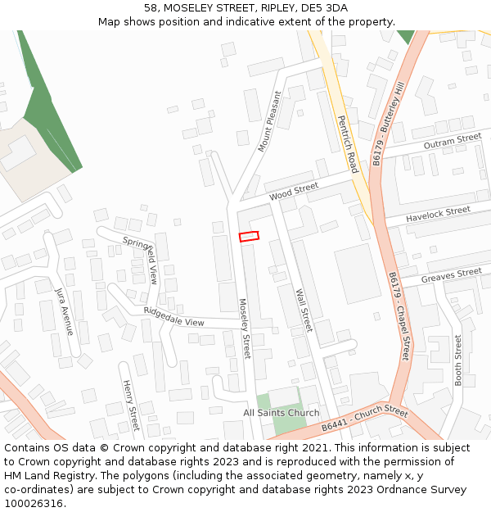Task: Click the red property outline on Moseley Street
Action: pos(249,236)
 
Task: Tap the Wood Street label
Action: pos(293,191)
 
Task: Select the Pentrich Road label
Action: pos(347,143)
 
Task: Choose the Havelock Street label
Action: pos(438,212)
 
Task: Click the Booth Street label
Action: pos(457,360)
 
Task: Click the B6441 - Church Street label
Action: pos(364,418)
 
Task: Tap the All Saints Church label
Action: pos(282,413)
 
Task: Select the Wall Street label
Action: pos(303,310)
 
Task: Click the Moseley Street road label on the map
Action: pos(245,328)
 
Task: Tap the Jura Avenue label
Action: pos(64,311)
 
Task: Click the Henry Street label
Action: pos(130,405)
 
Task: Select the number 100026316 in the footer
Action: pos(34,503)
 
